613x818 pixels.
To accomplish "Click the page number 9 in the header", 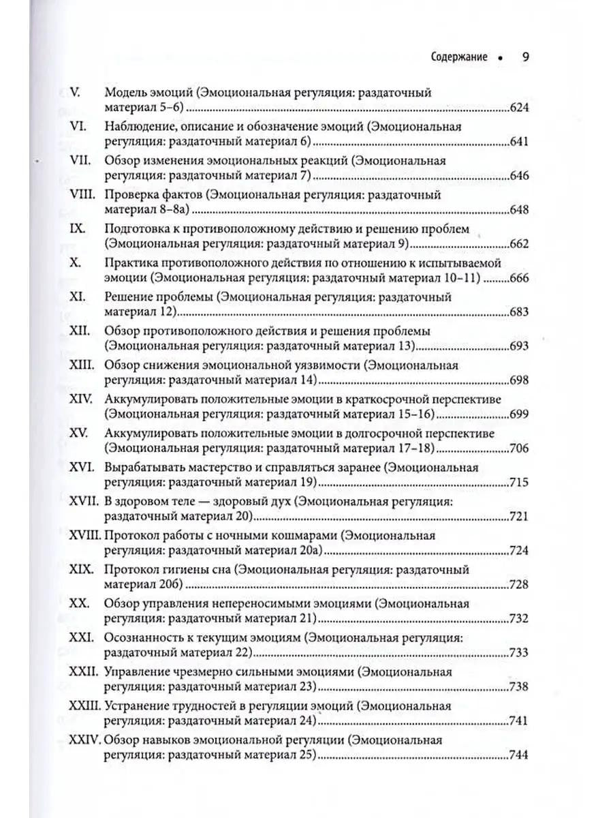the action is click(x=526, y=57).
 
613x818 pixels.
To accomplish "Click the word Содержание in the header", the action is click(x=459, y=57).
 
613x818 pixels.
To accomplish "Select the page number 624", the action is click(x=520, y=107).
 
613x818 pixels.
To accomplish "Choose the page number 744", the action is click(x=520, y=754).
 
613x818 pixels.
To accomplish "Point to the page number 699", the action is click(x=520, y=413).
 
